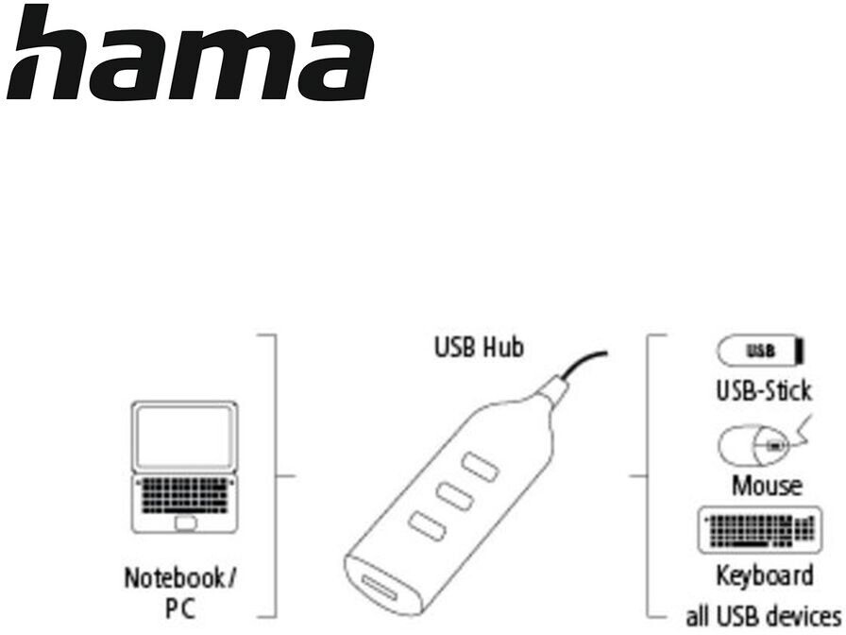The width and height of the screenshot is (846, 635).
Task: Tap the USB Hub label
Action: click(478, 348)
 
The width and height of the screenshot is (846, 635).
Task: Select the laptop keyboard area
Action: click(183, 494)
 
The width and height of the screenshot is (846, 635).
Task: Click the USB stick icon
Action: click(760, 352)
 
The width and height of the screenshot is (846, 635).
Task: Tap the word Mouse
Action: click(767, 486)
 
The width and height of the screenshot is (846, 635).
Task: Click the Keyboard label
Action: click(763, 575)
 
